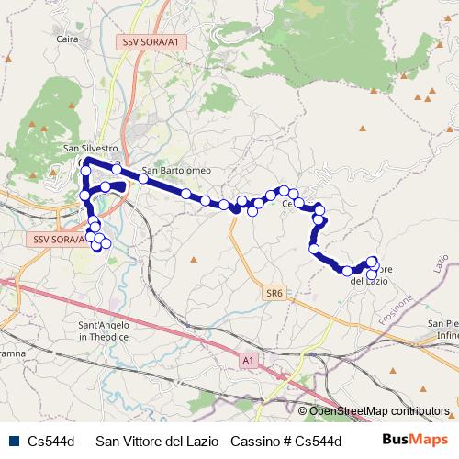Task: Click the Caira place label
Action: pos(67,39)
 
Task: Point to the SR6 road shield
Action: pos(274,293)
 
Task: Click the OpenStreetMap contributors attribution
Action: pos(379,411)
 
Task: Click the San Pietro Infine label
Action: pos(443,330)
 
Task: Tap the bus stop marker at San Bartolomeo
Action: pos(143,178)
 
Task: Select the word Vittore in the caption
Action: pos(143,441)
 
